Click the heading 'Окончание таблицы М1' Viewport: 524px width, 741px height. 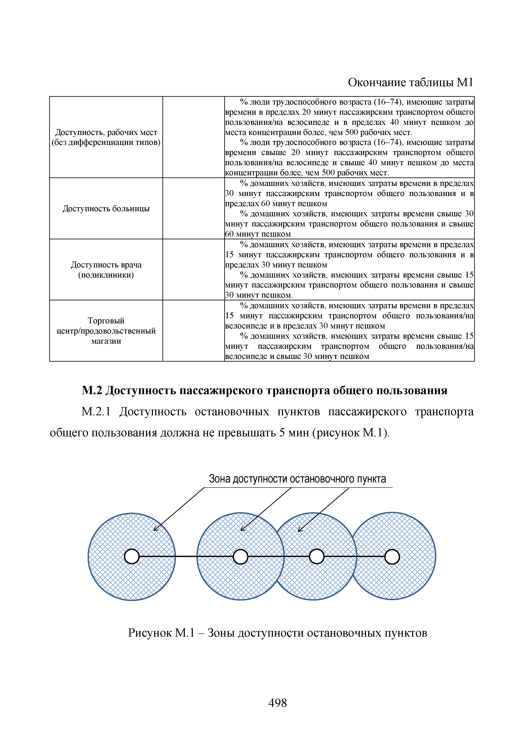[410, 83]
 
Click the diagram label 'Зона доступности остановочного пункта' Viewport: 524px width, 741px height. [297, 479]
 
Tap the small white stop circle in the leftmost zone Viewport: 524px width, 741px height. [132, 556]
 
